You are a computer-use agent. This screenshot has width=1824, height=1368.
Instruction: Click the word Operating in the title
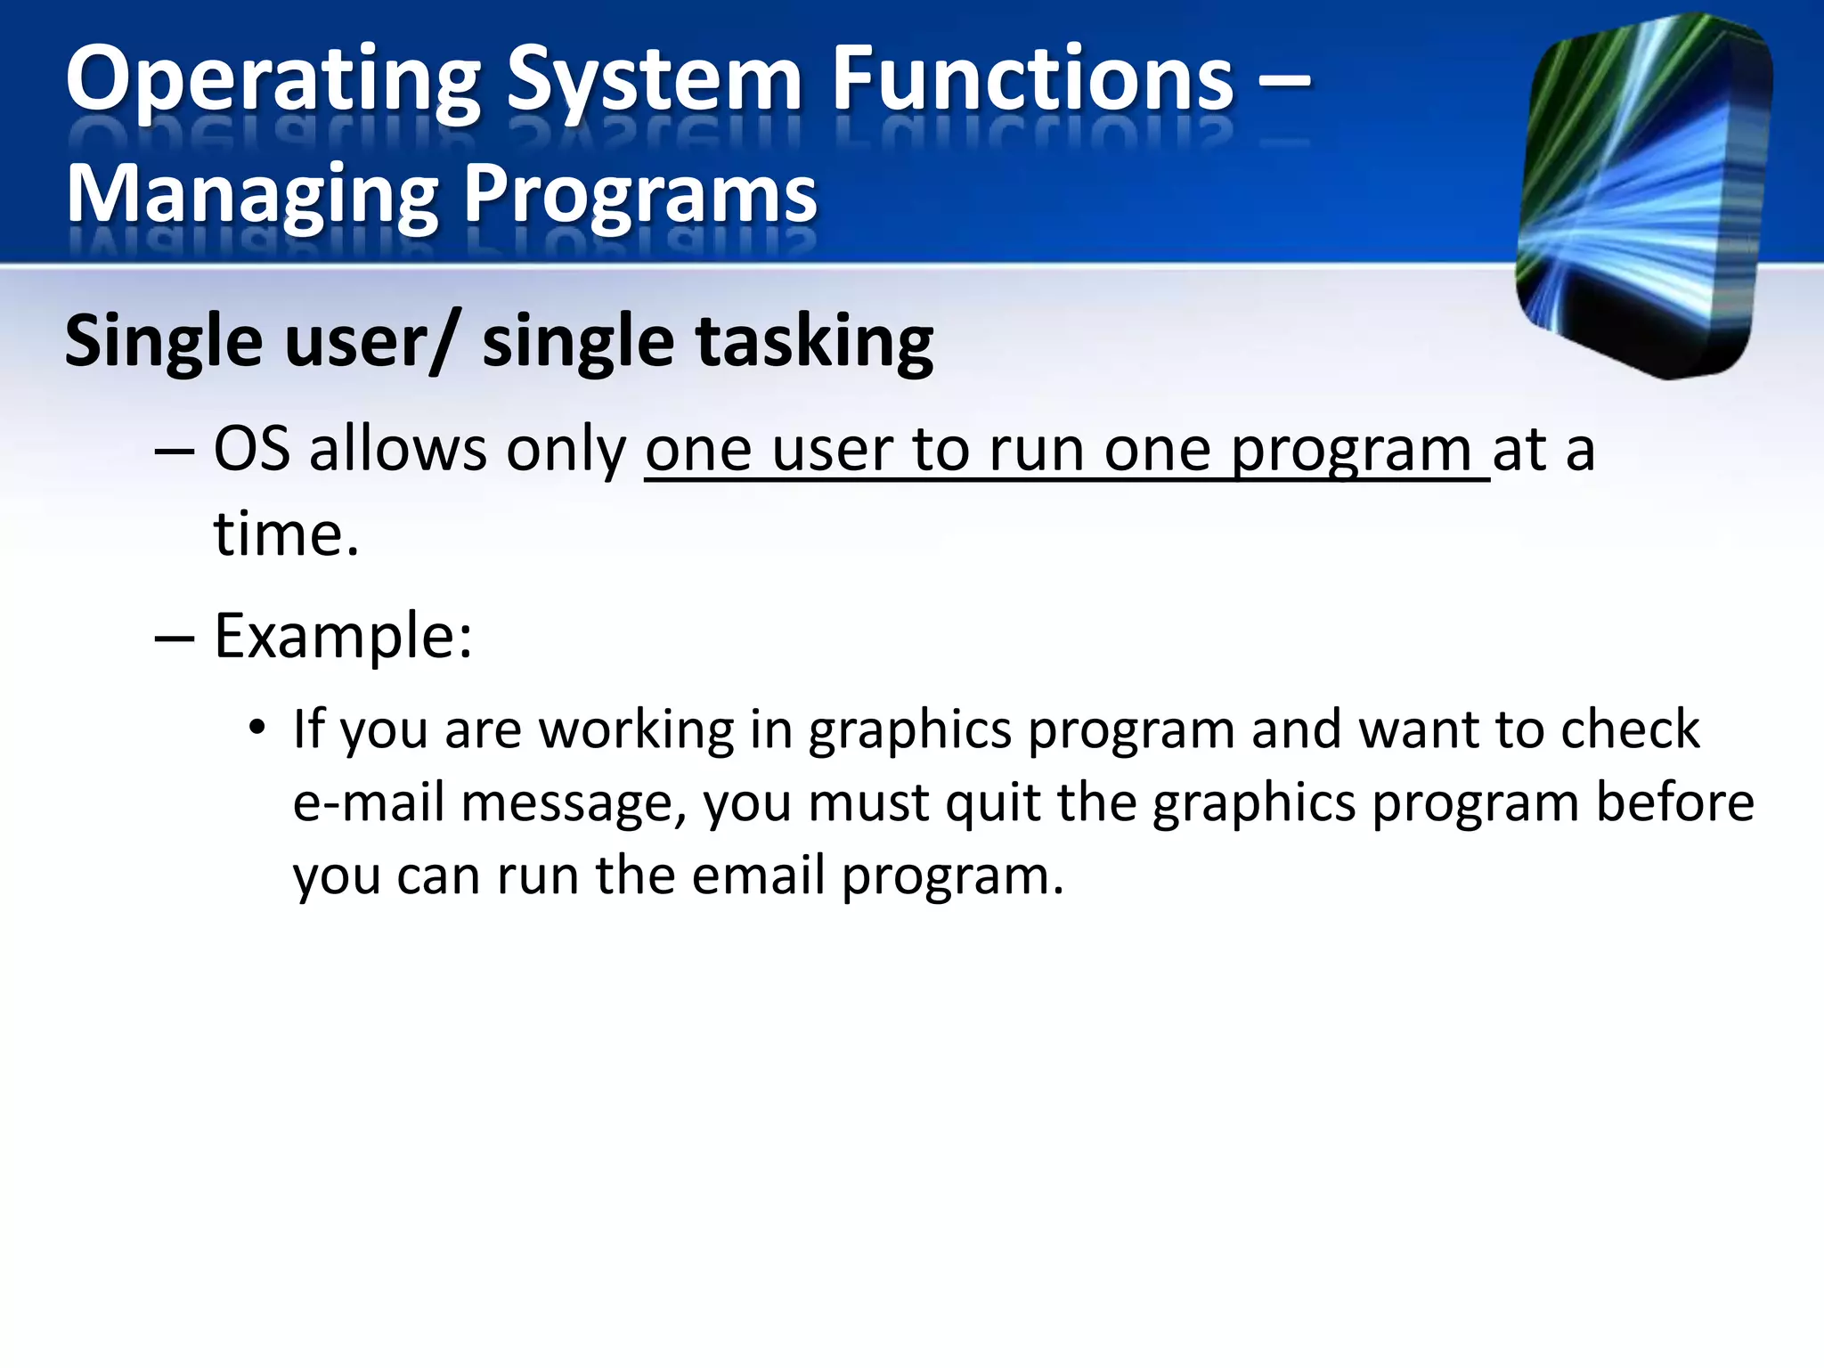(x=273, y=82)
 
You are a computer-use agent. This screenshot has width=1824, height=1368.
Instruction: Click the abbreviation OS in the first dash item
(x=252, y=449)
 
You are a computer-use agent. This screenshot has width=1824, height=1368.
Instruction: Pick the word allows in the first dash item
(x=398, y=449)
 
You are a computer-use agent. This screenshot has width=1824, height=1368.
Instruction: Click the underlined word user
(x=833, y=451)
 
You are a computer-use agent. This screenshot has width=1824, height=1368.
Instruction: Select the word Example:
(x=343, y=638)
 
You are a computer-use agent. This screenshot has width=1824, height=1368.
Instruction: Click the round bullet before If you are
(x=257, y=728)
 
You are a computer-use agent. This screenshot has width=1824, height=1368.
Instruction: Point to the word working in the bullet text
(x=637, y=730)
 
